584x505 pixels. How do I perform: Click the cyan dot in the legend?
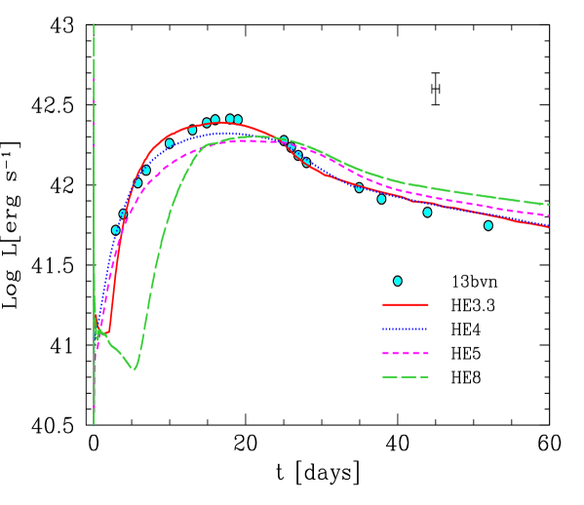coord(398,281)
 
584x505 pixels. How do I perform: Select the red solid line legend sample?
coord(405,304)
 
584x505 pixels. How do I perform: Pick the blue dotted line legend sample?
coord(405,329)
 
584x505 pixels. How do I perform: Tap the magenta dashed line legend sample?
coord(405,353)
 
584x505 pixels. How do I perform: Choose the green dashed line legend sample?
coord(405,376)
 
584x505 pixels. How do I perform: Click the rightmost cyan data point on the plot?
coord(488,225)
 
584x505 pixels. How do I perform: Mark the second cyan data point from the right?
coord(427,212)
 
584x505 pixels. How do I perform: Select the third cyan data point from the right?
coord(381,199)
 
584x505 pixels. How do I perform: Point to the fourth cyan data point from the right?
coord(359,187)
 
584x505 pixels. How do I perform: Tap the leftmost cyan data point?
coord(115,230)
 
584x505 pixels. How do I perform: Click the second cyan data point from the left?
coord(123,214)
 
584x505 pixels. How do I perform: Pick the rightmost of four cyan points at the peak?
coord(238,120)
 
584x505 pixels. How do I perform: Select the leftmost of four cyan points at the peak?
coord(207,123)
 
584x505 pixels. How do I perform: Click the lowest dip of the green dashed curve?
coord(135,369)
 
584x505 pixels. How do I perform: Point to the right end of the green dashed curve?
coord(548,205)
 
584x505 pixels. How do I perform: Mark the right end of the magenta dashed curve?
coord(548,215)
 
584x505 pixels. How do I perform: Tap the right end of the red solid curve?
coord(548,227)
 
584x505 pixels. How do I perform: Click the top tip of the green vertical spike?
coord(94,24)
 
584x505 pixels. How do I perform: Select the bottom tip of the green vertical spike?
coord(94,425)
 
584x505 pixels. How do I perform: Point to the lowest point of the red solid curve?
coord(106,334)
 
